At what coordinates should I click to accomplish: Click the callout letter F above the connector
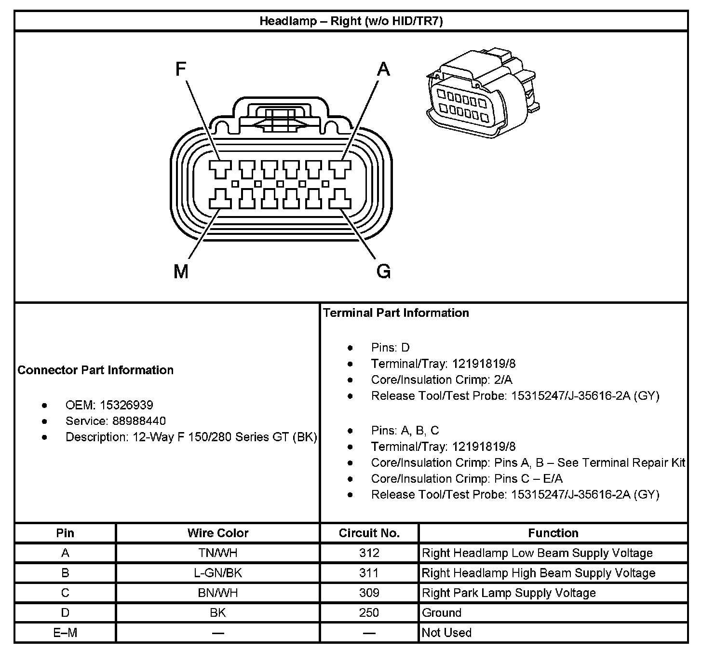(181, 70)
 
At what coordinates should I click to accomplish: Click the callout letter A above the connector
(383, 70)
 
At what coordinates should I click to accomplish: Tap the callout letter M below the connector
(181, 272)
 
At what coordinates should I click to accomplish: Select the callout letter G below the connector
(383, 272)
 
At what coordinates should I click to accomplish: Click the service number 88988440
(139, 421)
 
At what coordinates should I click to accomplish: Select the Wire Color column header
(218, 533)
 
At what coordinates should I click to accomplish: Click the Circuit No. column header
(369, 533)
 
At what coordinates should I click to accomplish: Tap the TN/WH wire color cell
(218, 553)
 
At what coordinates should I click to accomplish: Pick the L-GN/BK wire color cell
(218, 573)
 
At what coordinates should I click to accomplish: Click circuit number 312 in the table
(369, 553)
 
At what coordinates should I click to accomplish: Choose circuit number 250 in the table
(369, 612)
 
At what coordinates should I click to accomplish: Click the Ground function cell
(442, 612)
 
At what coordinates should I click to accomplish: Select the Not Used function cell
(446, 632)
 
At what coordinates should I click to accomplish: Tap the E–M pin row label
(65, 632)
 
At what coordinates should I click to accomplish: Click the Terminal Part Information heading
(396, 313)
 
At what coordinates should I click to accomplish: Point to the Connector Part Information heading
(95, 370)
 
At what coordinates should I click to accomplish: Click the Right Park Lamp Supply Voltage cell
(509, 593)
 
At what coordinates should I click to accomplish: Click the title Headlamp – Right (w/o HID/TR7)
(351, 21)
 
